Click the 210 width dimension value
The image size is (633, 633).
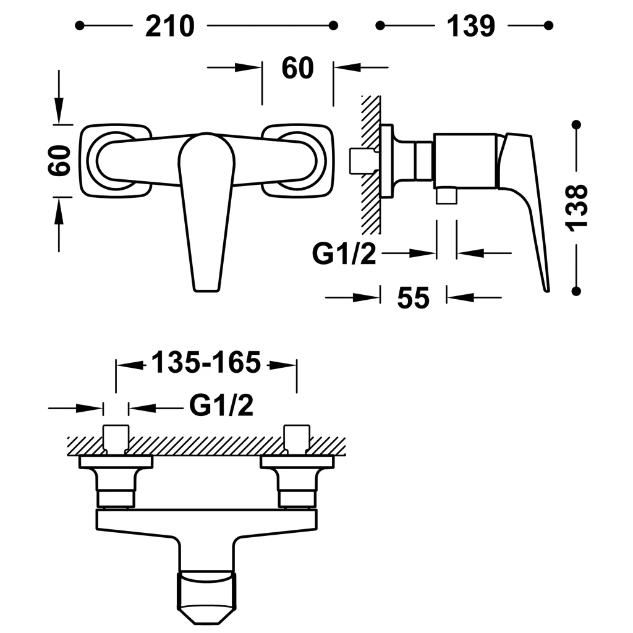click(x=170, y=26)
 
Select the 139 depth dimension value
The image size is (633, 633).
click(x=470, y=26)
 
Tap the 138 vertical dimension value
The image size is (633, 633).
click(x=577, y=208)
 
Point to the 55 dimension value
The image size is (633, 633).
click(x=414, y=298)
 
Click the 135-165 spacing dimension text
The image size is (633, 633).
click(x=206, y=362)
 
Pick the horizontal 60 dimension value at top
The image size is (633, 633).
click(x=297, y=68)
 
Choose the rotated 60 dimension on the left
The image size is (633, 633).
click(x=60, y=160)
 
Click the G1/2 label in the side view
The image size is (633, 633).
click(x=344, y=254)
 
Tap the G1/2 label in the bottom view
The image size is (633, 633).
click(x=221, y=406)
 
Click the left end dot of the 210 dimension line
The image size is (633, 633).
click(x=80, y=25)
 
